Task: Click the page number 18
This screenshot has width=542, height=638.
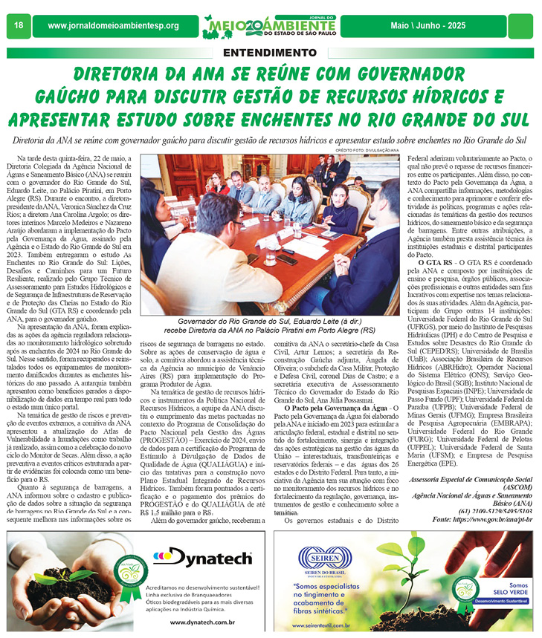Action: click(x=19, y=26)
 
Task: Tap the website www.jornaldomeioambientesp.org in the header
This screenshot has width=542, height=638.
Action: click(x=113, y=27)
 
